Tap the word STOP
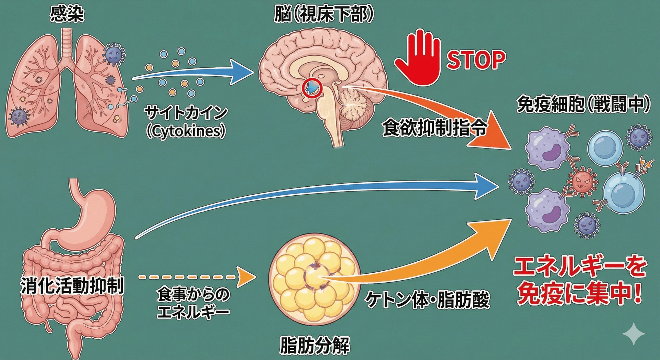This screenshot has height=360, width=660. pyautogui.click(x=476, y=60)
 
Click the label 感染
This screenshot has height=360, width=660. pyautogui.click(x=67, y=14)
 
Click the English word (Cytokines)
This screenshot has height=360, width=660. pyautogui.click(x=186, y=131)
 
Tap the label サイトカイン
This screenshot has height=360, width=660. pyautogui.click(x=186, y=112)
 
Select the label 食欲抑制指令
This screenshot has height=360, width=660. pyautogui.click(x=435, y=128)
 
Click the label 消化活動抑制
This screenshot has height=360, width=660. pyautogui.click(x=72, y=286)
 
